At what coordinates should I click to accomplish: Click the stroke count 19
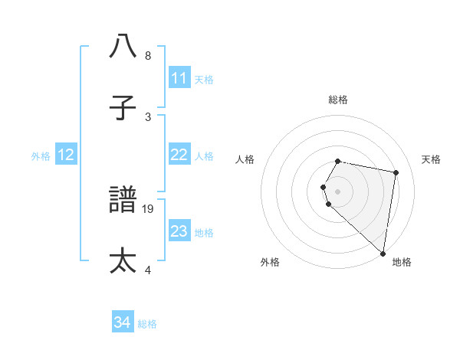[x=148, y=208]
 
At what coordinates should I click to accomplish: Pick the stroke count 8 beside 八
[x=148, y=56]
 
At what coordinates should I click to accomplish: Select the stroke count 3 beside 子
[x=148, y=117]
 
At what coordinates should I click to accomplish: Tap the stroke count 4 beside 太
[x=148, y=269]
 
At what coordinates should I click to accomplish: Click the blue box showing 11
[x=179, y=78]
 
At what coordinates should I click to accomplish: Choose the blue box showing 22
[x=179, y=155]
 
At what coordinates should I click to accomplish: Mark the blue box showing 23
[x=179, y=231]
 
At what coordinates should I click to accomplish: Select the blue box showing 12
[x=66, y=155]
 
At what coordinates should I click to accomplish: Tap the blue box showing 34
[x=122, y=323]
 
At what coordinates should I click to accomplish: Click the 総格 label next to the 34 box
[x=147, y=324]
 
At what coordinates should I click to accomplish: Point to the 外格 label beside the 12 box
[x=41, y=155]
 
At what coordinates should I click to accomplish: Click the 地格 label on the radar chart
[x=402, y=262]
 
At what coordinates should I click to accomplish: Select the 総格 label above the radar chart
[x=338, y=100]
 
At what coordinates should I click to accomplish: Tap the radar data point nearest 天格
[x=396, y=173]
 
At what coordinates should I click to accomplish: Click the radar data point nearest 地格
[x=383, y=254]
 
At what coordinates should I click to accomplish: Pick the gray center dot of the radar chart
[x=338, y=191]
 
